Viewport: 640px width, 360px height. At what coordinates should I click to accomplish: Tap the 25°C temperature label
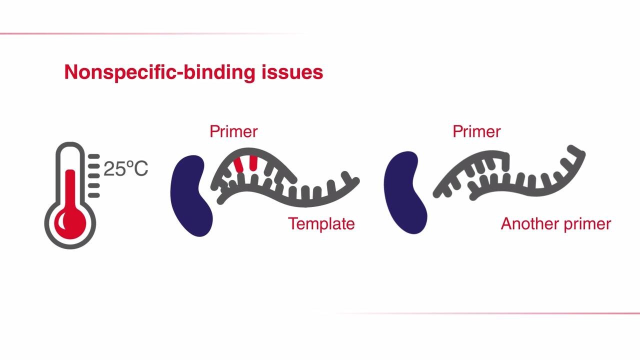125,169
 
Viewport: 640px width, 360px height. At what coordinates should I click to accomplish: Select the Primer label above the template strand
233,131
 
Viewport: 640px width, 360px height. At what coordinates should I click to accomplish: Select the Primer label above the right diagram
476,131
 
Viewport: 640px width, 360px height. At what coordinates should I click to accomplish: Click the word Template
321,223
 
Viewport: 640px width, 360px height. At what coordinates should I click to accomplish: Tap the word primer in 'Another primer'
587,223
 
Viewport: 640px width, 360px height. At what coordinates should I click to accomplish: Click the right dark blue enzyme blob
405,192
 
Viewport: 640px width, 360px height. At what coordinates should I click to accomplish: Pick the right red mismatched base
253,162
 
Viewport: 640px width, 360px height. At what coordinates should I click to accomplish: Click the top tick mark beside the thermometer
94,157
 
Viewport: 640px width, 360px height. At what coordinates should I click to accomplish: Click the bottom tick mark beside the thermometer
94,195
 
